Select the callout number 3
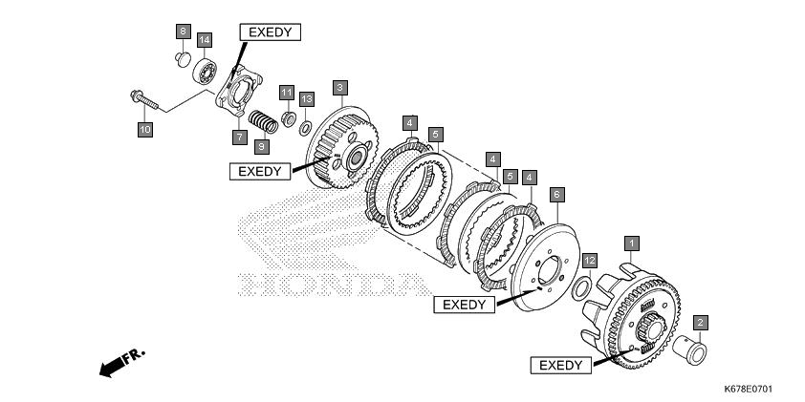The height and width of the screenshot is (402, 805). [339, 87]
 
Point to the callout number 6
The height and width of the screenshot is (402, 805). [556, 194]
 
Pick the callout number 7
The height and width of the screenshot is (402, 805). [239, 138]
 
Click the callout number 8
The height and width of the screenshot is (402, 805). [183, 32]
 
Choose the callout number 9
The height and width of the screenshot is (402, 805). [261, 146]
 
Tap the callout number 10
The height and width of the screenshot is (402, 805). [144, 129]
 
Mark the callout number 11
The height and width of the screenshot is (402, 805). [286, 92]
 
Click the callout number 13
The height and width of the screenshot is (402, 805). [306, 99]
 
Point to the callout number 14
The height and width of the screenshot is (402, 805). [204, 39]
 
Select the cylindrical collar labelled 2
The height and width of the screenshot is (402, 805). [695, 349]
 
